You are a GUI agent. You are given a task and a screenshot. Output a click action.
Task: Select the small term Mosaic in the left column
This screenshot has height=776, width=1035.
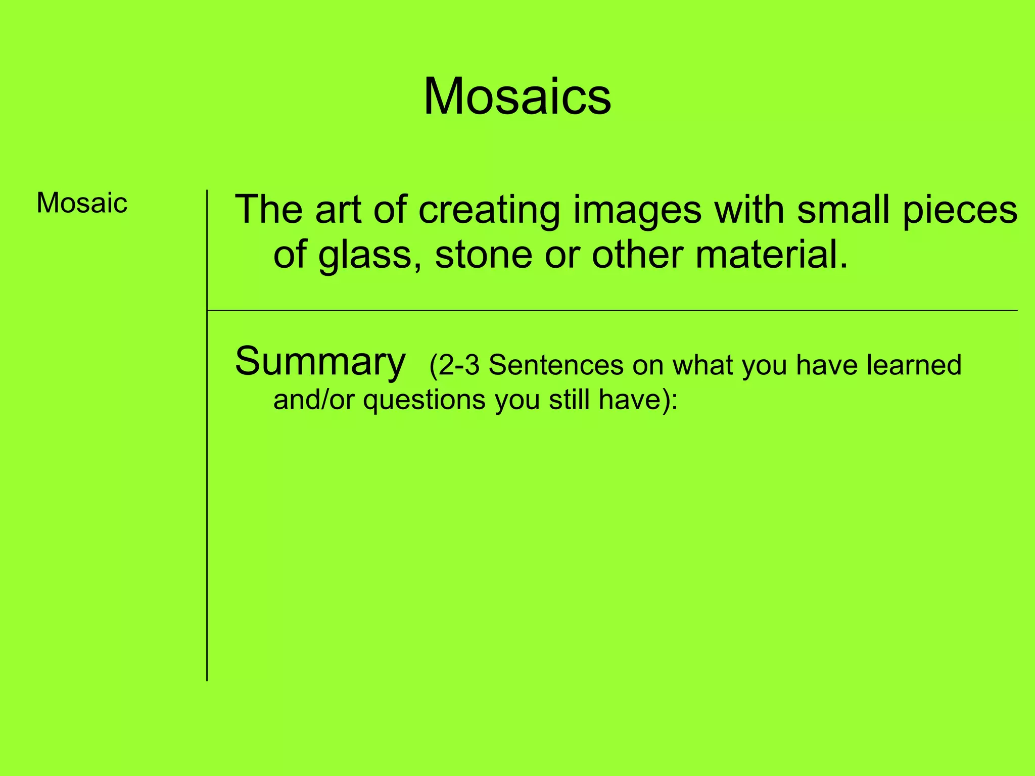82,203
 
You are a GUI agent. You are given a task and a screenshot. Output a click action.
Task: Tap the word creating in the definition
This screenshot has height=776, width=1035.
489,210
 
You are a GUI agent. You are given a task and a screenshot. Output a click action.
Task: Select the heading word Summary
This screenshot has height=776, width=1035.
320,362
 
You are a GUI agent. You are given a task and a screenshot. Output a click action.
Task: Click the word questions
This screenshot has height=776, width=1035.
424,401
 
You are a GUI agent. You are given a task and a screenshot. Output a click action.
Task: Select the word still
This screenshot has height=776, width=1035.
569,400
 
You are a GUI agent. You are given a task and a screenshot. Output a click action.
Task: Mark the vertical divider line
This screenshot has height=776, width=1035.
207,505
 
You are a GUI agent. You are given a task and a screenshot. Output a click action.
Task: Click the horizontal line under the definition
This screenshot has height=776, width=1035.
606,310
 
